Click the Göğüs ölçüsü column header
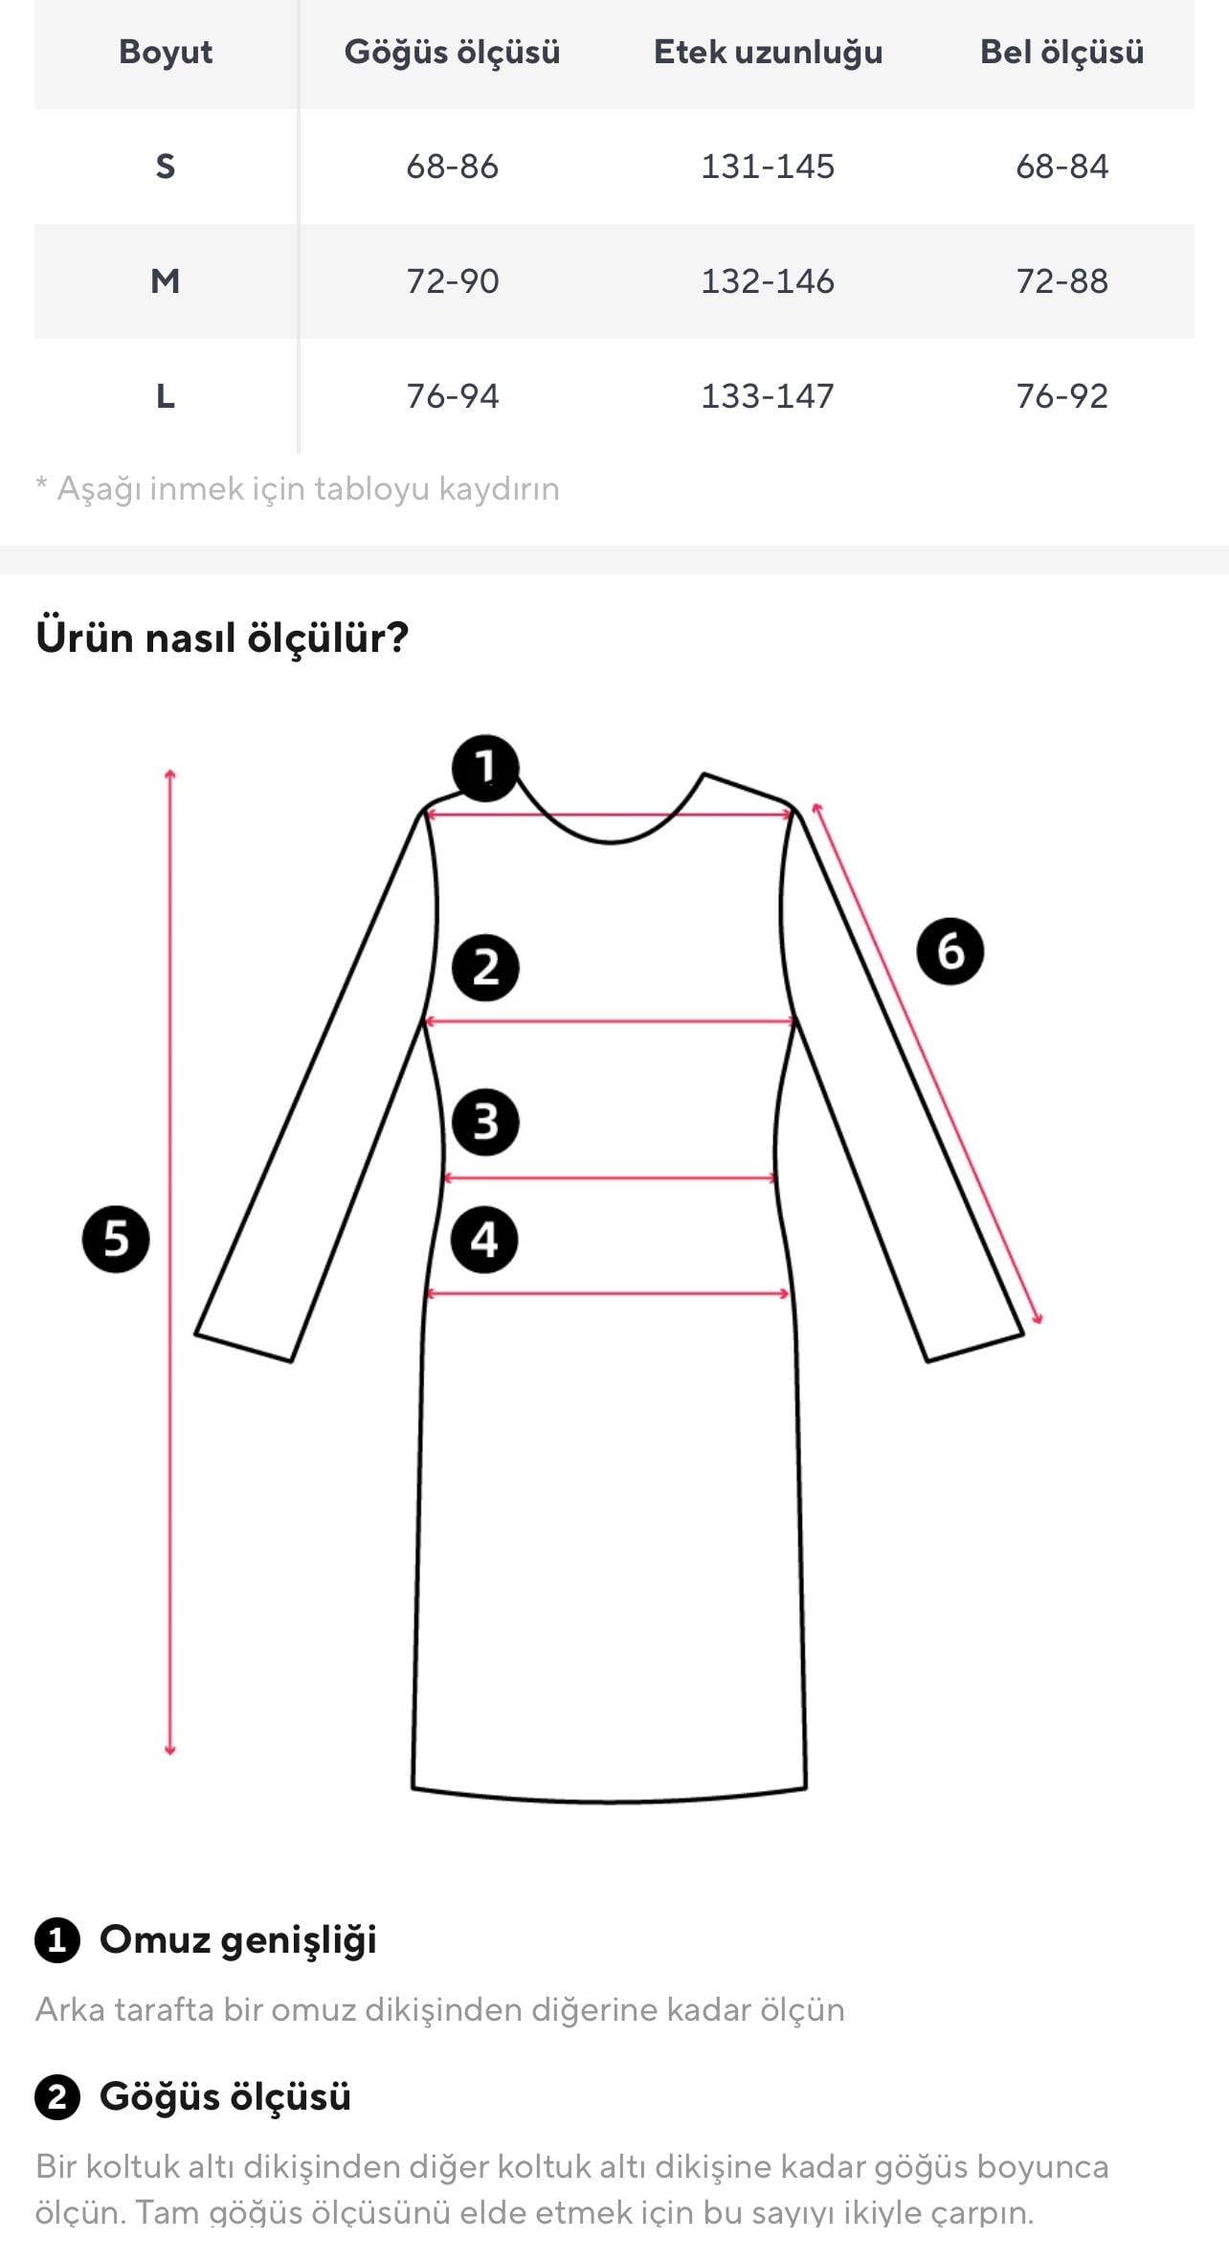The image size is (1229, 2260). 452,53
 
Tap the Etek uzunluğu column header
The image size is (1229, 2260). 768,53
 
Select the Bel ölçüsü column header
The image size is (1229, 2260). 1061,52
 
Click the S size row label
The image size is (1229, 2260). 166,167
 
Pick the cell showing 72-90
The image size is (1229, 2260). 453,281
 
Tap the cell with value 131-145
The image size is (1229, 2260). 768,167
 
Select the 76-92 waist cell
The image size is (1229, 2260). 1061,396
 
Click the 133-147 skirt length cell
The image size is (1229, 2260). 768,396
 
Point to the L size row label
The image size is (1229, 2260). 166,396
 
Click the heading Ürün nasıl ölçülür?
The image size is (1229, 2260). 222,638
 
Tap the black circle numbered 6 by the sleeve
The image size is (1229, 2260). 950,951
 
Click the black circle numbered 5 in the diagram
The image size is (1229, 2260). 116,1239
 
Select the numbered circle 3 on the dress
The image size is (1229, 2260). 485,1122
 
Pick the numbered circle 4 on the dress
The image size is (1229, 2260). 484,1240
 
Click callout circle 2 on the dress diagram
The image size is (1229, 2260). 485,968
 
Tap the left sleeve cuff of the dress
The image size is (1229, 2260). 244,1346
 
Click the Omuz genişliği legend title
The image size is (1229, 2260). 238,1939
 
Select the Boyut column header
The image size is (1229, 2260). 166,52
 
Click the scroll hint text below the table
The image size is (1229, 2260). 298,489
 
